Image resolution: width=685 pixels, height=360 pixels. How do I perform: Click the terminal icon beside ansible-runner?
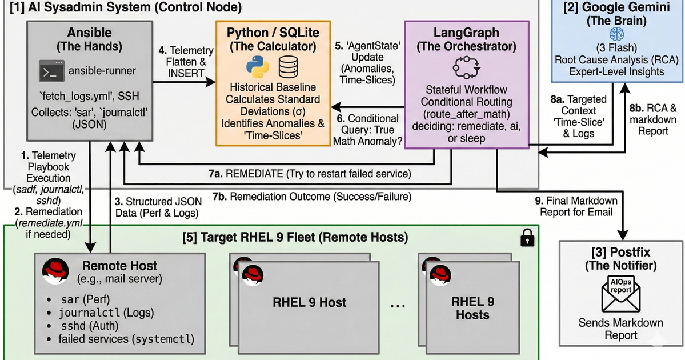point(50,71)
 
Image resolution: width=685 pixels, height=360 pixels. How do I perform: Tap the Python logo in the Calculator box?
point(258,67)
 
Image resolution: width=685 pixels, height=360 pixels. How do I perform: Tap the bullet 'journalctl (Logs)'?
point(106,313)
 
